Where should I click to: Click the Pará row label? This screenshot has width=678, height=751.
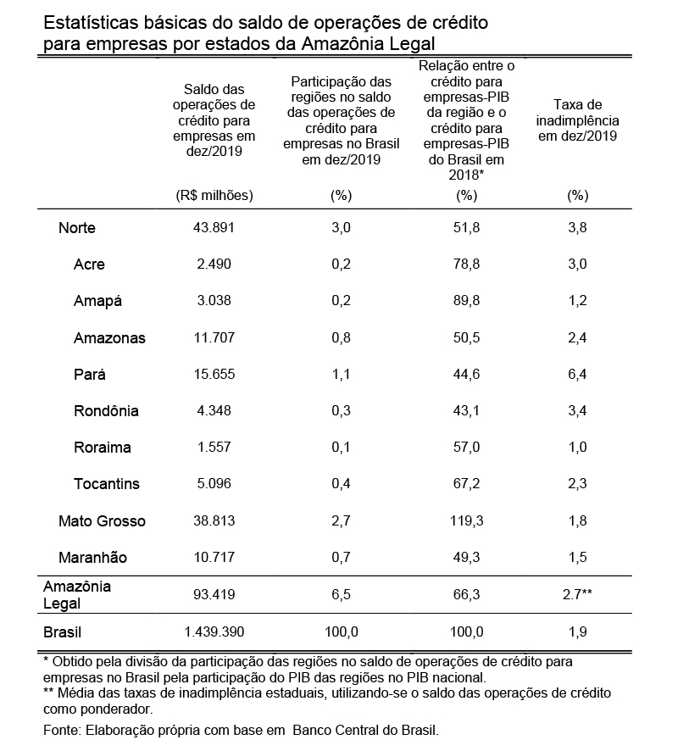[x=90, y=375]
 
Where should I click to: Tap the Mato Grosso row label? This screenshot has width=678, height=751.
[x=102, y=521]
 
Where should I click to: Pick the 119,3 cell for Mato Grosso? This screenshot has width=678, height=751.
[x=467, y=521]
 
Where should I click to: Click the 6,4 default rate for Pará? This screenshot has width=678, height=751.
[x=577, y=374]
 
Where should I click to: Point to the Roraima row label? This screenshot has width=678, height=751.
[x=102, y=448]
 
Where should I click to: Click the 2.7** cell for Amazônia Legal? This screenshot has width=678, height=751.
[x=577, y=595]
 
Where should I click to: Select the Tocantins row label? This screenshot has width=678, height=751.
[x=106, y=484]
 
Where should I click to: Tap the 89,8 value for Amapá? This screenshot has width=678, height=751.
[x=467, y=300]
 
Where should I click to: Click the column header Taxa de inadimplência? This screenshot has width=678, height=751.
[x=577, y=120]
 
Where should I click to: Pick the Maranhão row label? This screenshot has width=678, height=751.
[x=92, y=558]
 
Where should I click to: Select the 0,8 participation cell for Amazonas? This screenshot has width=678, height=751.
[x=340, y=337]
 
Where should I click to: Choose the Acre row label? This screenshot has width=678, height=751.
[x=90, y=264]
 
